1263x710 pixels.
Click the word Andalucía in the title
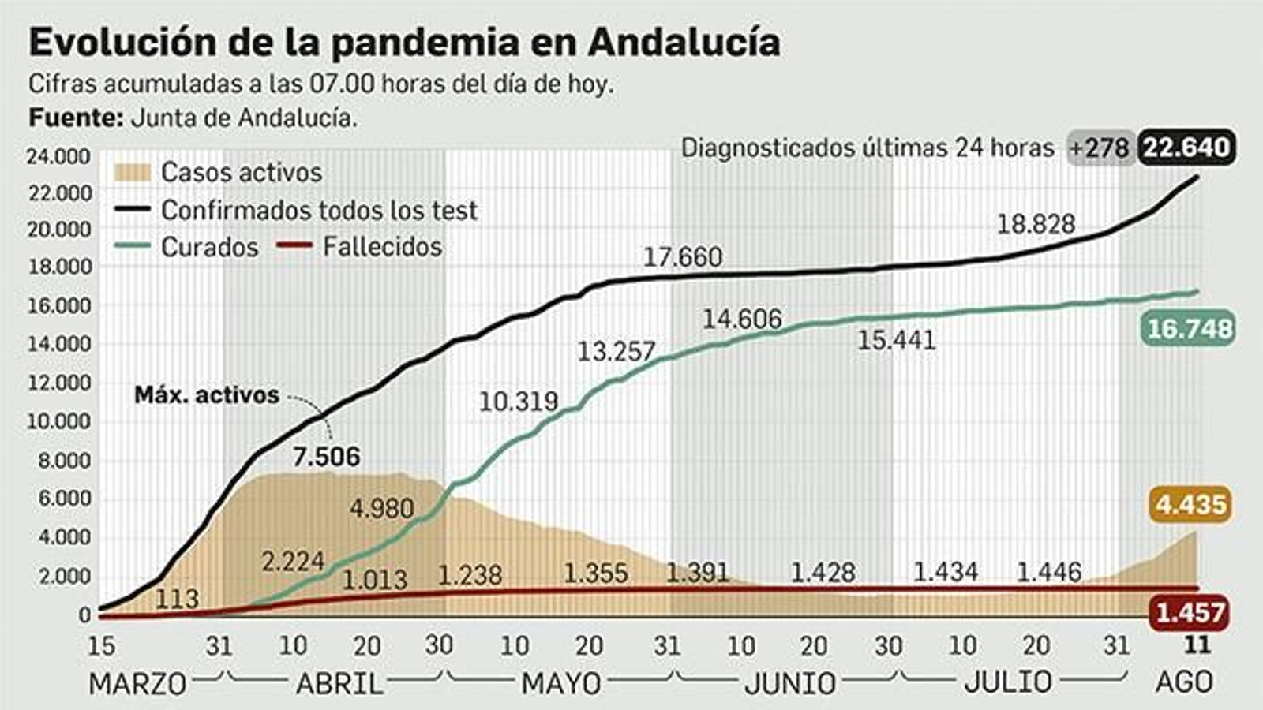(684, 43)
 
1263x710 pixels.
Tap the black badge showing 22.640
(1186, 148)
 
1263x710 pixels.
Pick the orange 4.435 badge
(1191, 504)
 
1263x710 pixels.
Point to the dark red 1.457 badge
(1190, 612)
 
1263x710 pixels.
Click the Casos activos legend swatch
(132, 173)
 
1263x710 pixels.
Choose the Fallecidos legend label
(382, 247)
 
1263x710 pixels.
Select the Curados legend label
(209, 248)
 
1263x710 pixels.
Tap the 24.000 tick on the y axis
(58, 156)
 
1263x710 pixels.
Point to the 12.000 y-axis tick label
(58, 383)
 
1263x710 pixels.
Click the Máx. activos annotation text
(207, 394)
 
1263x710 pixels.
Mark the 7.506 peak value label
(326, 457)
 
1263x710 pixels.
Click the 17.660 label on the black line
(682, 257)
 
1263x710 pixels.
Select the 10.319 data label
(519, 402)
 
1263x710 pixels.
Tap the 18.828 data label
(1036, 224)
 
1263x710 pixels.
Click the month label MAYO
(560, 683)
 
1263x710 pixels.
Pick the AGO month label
(1184, 682)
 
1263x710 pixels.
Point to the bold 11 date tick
(1197, 645)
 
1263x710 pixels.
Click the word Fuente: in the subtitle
(76, 118)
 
